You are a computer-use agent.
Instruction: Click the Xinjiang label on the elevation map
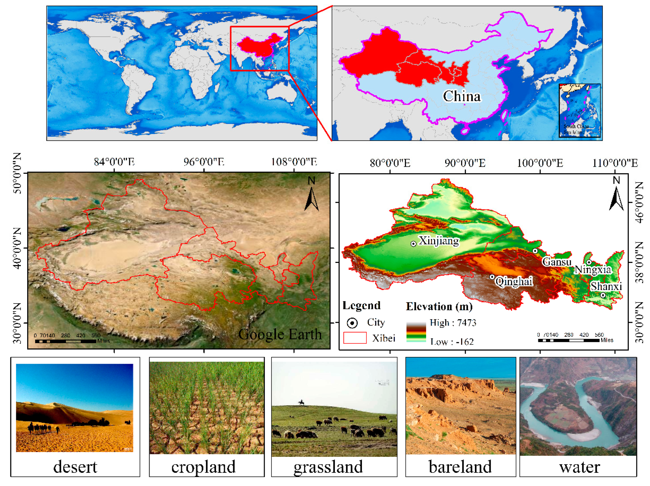point(439,241)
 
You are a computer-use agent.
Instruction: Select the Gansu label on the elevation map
point(557,262)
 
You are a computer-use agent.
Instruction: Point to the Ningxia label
point(593,269)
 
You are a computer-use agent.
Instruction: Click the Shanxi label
point(606,286)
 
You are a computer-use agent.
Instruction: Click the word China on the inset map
point(462,96)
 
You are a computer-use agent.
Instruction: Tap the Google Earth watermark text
point(280,334)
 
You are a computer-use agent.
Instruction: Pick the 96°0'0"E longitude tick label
point(204,162)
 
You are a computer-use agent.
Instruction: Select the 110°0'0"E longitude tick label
point(615,163)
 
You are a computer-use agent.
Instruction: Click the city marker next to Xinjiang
point(413,244)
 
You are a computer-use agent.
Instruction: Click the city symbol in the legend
point(352,323)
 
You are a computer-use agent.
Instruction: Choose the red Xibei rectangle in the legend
point(355,338)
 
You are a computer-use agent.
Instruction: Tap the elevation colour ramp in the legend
point(416,332)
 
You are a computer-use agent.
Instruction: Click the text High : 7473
point(453,323)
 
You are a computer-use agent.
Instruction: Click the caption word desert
point(75,467)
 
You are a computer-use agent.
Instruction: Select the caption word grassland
point(328,467)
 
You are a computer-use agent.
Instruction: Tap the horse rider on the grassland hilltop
point(301,403)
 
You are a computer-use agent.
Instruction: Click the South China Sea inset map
point(580,110)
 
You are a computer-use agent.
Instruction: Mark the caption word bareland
point(460,467)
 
